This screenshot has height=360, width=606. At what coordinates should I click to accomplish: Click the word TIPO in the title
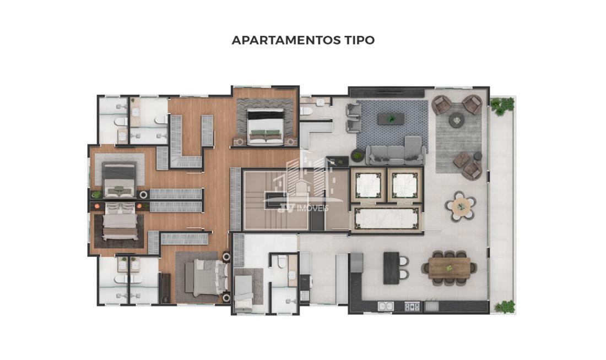[x=359, y=40]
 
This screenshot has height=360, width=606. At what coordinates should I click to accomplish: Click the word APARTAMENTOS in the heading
[x=285, y=40]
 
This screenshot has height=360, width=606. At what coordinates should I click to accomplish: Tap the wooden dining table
[x=450, y=268]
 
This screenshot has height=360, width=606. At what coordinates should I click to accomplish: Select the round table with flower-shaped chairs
[x=461, y=206]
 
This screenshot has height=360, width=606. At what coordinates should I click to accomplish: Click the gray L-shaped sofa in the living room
[x=396, y=152]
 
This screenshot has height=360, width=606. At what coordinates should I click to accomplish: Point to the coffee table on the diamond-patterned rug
[x=391, y=118]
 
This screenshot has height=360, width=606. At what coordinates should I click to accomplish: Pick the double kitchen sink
[x=385, y=306]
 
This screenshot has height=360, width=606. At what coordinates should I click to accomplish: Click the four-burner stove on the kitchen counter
[x=412, y=306]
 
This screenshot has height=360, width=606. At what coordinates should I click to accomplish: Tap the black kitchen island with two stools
[x=392, y=268]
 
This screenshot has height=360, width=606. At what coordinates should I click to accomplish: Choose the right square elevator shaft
[x=405, y=185]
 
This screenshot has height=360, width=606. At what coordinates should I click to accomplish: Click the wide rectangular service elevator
[x=387, y=218]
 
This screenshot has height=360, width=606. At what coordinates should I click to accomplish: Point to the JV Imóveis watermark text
[x=303, y=208]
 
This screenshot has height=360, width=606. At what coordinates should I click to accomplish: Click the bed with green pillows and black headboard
[x=266, y=126]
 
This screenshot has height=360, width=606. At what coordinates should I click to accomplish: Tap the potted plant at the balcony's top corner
[x=502, y=106]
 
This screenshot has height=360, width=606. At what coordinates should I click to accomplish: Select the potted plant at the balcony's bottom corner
[x=505, y=306]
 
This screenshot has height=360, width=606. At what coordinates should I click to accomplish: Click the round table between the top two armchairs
[x=457, y=120]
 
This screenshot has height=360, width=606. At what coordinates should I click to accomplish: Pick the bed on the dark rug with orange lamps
[x=120, y=222]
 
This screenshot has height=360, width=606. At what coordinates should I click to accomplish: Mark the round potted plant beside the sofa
[x=358, y=155]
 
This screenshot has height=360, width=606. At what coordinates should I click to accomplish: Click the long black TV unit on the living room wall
[x=387, y=92]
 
